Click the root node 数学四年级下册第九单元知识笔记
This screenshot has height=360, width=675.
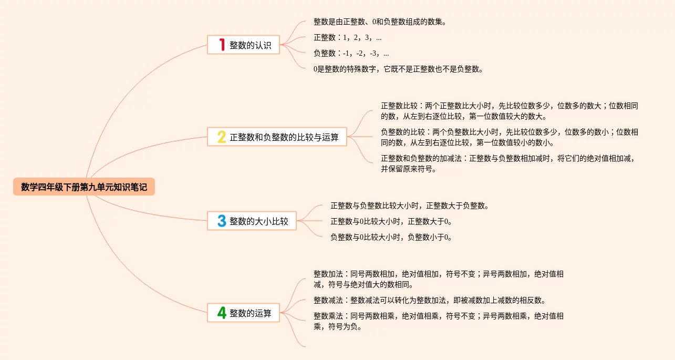tap(84, 187)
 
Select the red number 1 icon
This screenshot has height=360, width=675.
tap(222, 45)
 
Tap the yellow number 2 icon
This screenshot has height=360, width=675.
tap(222, 137)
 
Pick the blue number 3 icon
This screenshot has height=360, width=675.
tap(222, 221)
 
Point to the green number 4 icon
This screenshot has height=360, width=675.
tap(222, 313)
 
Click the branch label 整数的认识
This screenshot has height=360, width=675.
tap(251, 45)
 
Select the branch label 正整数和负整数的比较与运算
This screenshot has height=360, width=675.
tap(284, 138)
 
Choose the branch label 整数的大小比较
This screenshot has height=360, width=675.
tap(259, 221)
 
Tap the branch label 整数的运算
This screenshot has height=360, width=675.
tap(251, 313)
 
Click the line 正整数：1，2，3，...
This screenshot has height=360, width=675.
tap(347, 37)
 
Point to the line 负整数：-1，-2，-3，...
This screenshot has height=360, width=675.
tap(351, 53)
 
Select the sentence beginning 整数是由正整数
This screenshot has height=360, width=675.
tap(380, 22)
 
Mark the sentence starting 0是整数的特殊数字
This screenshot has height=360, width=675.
tap(398, 69)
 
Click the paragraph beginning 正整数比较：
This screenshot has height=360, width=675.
tap(510, 111)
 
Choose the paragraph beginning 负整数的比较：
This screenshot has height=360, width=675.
tap(510, 137)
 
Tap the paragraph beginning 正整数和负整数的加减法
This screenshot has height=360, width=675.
tap(510, 163)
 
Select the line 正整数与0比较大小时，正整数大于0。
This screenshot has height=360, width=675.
tap(391, 221)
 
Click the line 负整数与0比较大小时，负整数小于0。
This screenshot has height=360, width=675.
tap(391, 237)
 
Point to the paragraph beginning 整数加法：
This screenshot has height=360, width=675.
tap(439, 279)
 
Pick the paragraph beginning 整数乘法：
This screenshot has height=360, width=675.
tap(439, 321)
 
